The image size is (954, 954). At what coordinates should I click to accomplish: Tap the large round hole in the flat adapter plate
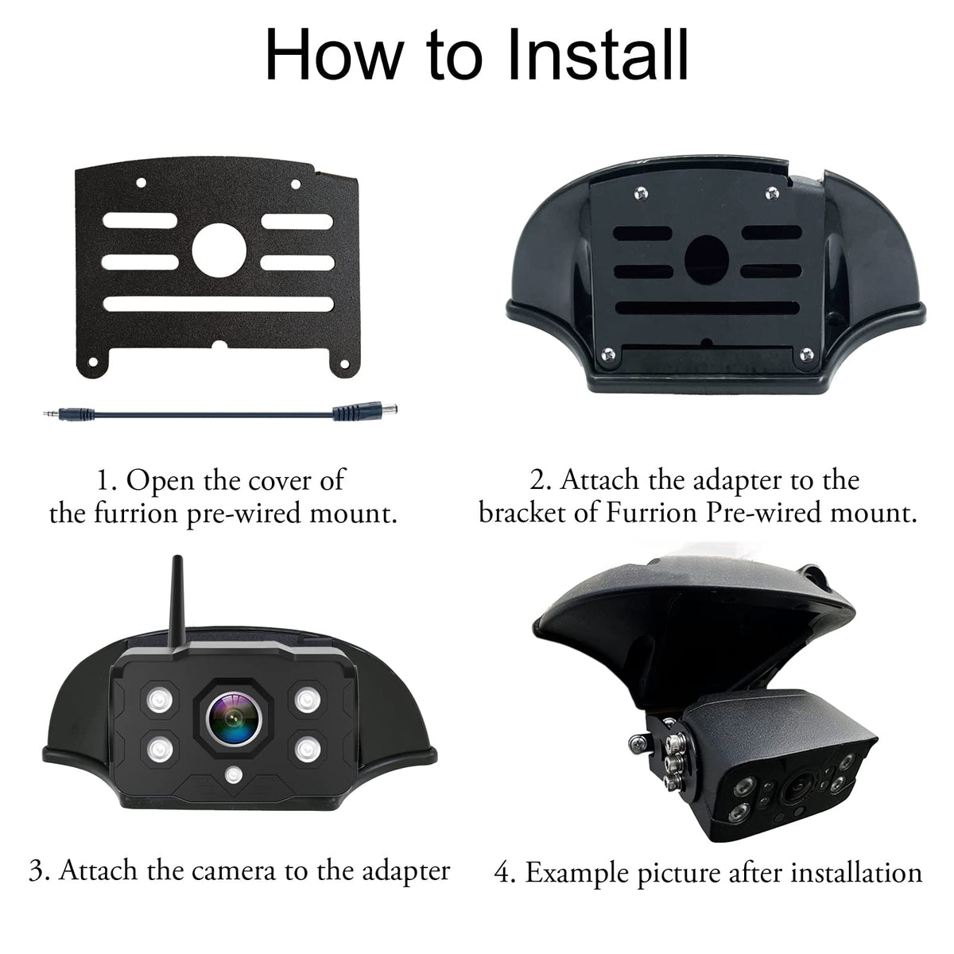(219, 250)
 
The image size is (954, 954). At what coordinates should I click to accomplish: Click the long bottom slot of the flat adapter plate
(218, 304)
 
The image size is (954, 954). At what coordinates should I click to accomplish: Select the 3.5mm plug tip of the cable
(51, 413)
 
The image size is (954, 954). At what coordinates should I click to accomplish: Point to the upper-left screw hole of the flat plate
(141, 183)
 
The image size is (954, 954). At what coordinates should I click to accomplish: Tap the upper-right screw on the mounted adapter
(771, 193)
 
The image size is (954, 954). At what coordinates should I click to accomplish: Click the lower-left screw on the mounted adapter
(608, 355)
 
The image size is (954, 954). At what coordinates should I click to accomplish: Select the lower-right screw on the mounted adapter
(806, 354)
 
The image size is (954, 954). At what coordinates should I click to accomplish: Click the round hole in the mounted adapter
(707, 259)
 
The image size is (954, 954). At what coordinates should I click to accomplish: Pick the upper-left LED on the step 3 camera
(160, 700)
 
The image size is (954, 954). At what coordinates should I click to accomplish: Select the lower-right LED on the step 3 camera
(308, 750)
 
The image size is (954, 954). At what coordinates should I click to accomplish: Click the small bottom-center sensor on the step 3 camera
(233, 775)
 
